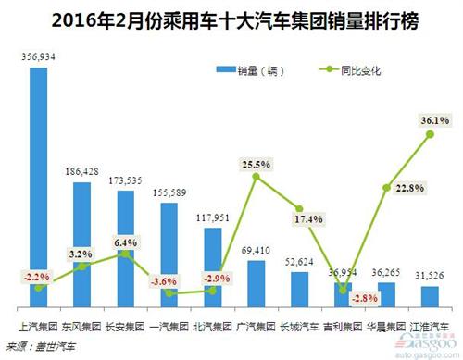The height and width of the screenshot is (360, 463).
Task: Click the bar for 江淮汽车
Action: point(430,296)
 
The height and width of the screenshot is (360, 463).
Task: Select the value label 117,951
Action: point(213,218)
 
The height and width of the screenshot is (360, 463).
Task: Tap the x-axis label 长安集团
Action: point(124,326)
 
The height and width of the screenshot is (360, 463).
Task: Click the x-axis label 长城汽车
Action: point(299,326)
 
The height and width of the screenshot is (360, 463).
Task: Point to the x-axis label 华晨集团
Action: point(386,326)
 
